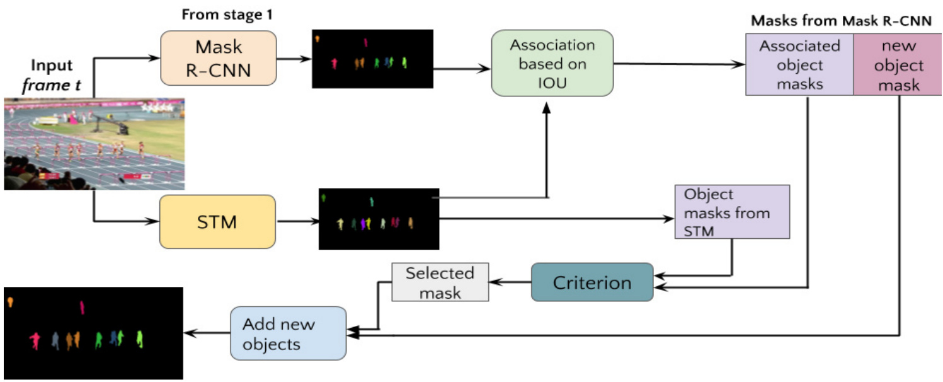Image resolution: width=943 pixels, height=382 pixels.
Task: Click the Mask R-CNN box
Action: click(218, 59)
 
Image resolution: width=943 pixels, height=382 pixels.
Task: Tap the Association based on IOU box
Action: click(552, 63)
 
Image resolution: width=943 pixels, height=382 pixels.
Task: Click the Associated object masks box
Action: click(799, 64)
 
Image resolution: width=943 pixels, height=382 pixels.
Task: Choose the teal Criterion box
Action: click(592, 282)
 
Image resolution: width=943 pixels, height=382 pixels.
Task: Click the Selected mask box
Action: click(440, 282)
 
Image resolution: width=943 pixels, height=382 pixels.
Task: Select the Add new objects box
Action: click(288, 333)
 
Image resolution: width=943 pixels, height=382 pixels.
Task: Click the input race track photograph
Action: click(94, 143)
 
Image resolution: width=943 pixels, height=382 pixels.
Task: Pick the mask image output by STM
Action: click(378, 218)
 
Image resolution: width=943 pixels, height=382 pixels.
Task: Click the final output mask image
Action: click(93, 333)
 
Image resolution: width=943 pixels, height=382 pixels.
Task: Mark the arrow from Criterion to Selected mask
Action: click(510, 282)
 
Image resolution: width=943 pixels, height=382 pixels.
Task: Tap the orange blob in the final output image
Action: click(11, 303)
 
